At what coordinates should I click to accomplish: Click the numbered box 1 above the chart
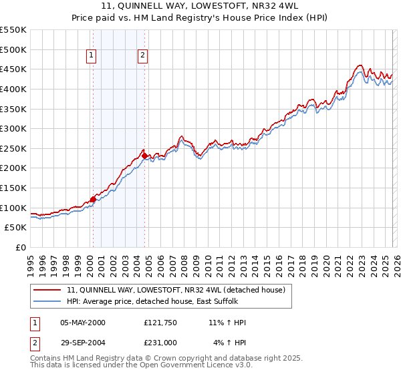pos(91,56)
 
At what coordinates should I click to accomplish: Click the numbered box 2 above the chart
pos(143,56)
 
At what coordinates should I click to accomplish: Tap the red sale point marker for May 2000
pos(93,199)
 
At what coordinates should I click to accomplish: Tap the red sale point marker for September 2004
pos(144,156)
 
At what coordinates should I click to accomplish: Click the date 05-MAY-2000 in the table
pos(83,323)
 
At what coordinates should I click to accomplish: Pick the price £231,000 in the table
pos(160,343)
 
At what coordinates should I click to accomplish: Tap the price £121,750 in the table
pos(160,323)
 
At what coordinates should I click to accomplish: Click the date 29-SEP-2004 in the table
pos(83,343)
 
